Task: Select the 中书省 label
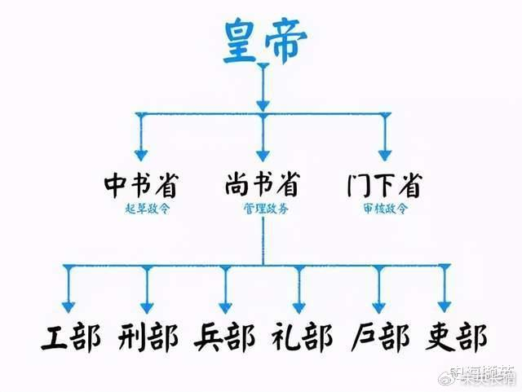pyautogui.click(x=141, y=187)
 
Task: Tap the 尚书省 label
pyautogui.click(x=261, y=187)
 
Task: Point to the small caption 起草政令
pyautogui.click(x=141, y=208)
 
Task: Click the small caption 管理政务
pyautogui.click(x=261, y=208)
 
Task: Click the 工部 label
pyautogui.click(x=69, y=337)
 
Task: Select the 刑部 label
pyautogui.click(x=144, y=337)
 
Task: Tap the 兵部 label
pyautogui.click(x=224, y=337)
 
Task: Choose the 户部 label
pyautogui.click(x=380, y=337)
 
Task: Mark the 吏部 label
pyautogui.click(x=455, y=337)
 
